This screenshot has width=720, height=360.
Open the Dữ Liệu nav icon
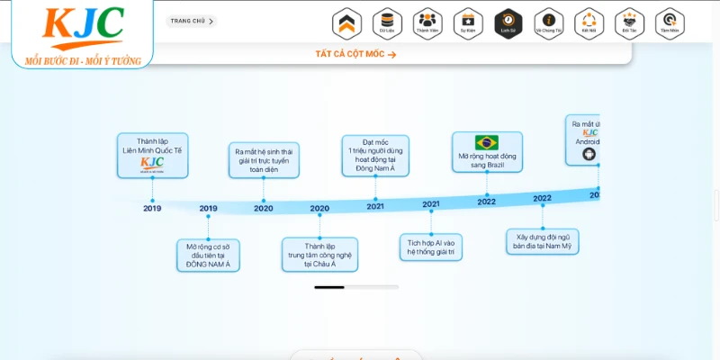(x=387, y=22)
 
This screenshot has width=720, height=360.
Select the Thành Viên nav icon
(x=427, y=22)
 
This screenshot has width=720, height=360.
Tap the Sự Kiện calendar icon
(x=468, y=22)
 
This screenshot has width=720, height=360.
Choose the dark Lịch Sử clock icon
(x=508, y=22)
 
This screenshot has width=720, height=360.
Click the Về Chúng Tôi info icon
(x=548, y=22)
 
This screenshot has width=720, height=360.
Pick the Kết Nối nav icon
(x=589, y=22)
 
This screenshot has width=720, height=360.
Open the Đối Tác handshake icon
(x=629, y=22)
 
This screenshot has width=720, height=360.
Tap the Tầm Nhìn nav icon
(x=670, y=22)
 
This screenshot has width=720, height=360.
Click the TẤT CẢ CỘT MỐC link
(x=355, y=54)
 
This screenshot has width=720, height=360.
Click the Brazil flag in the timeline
(x=487, y=142)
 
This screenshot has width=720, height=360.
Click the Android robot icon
(x=589, y=154)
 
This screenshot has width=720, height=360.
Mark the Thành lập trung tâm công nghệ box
(x=319, y=255)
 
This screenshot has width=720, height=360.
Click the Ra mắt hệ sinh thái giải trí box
(x=264, y=161)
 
